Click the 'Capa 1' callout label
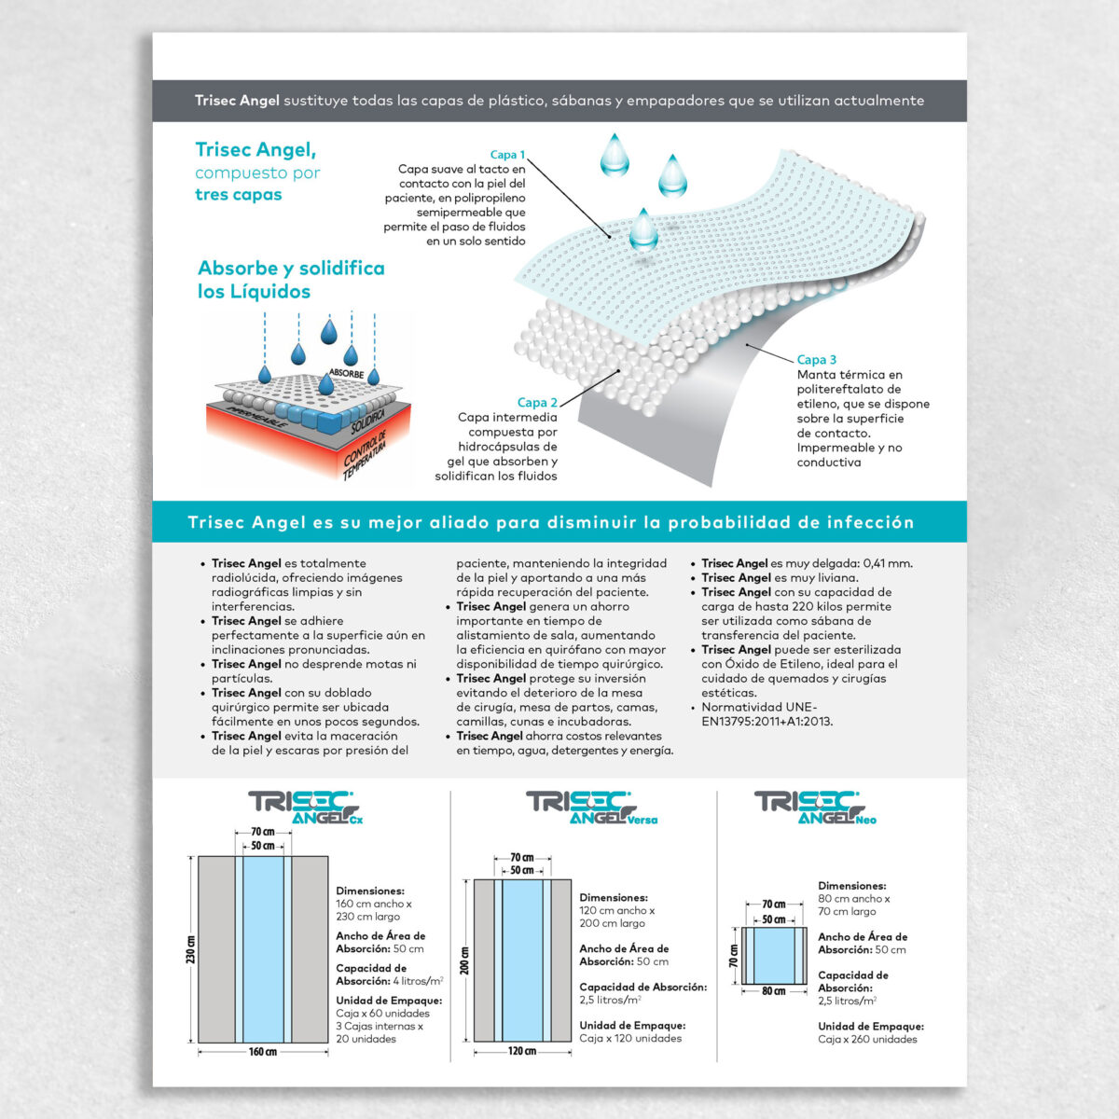coord(507,155)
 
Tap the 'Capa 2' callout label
coord(537,403)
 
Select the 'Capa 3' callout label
coord(817,360)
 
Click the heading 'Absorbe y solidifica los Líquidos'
coord(291,280)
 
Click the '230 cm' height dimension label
coord(190,949)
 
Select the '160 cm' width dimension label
coord(263,1053)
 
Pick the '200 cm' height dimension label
coord(465,960)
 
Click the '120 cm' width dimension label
coord(522,1052)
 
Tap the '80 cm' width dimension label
coord(774,991)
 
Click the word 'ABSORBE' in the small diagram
coord(346,374)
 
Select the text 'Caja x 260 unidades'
coord(867,1039)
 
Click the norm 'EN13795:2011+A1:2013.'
coord(767,722)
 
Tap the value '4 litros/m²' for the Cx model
coord(418,981)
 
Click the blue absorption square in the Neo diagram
coord(774,955)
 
